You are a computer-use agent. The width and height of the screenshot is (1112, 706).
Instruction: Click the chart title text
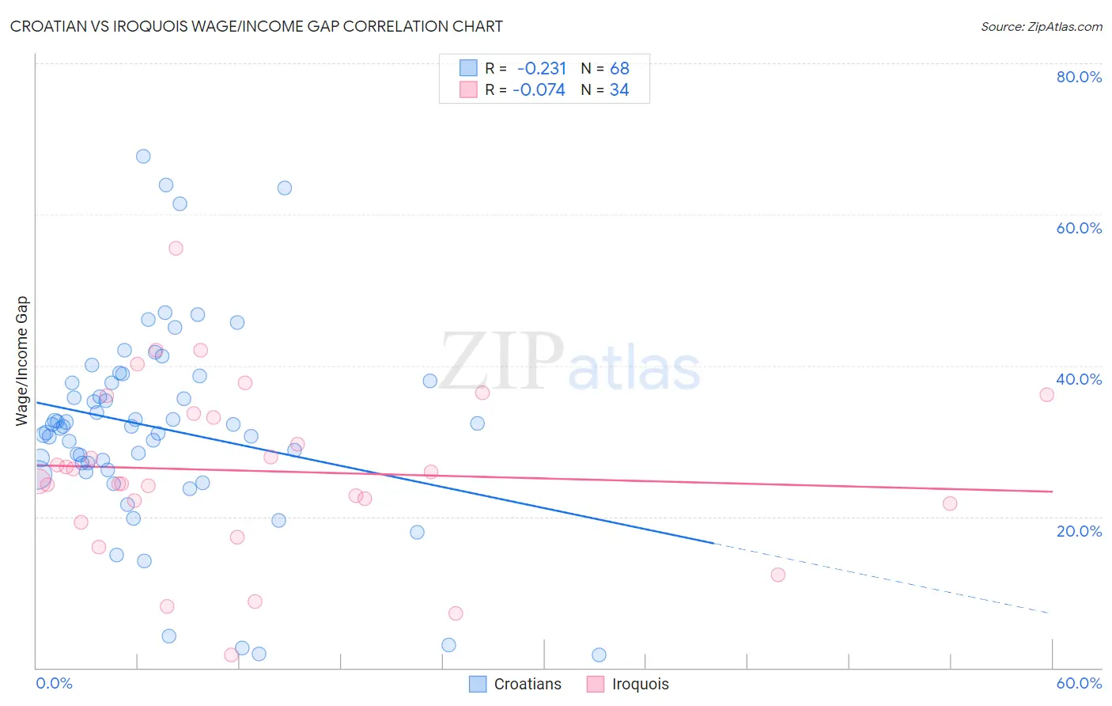pos(256,26)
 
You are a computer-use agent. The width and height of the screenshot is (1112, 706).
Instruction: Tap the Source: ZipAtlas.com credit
pos(1041,27)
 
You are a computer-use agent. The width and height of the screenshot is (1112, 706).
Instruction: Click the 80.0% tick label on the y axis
pos(1079,77)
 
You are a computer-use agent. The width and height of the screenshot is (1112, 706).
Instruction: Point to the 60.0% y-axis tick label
pos(1079,228)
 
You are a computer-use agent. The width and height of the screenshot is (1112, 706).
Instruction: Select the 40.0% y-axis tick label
pos(1079,379)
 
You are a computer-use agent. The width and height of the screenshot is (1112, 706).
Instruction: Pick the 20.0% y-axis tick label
pos(1079,531)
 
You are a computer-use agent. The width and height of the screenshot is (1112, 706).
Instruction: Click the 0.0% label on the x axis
pos(54,683)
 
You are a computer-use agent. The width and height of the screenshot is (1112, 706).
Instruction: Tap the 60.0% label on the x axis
pos(1079,683)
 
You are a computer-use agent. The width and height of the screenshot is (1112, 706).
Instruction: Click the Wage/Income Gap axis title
pos(22,361)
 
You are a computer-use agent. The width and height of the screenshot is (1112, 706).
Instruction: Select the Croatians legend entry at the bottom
pos(516,684)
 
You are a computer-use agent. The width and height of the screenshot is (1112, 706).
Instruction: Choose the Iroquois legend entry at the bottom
pos(628,684)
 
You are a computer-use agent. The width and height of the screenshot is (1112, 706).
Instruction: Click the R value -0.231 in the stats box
pos(541,69)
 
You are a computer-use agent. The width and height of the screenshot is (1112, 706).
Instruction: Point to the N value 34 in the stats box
pos(619,90)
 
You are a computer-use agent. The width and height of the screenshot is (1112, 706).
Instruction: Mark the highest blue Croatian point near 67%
pos(143,156)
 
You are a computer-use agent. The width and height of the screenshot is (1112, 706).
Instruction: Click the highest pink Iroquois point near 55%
pos(176,249)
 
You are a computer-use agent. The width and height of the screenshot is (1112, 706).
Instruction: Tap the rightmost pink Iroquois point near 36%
pos(1046,395)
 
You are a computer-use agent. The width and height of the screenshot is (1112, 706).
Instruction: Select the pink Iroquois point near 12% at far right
pos(777,575)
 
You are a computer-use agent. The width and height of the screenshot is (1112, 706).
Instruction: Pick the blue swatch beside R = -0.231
pos(468,69)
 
